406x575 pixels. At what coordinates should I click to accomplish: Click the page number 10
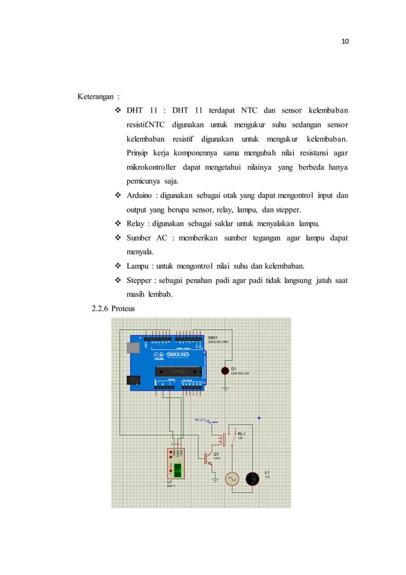pos(346,42)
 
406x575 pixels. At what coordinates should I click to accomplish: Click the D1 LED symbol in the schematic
pos(225,371)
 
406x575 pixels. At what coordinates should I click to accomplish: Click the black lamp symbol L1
pos(252,479)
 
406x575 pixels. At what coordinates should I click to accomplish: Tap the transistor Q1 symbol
pos(208,457)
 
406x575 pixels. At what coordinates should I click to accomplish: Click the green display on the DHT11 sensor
pos(178,469)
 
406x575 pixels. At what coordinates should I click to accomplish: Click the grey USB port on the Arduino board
pos(133,348)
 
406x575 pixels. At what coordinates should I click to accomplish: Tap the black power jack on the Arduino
pos(134,380)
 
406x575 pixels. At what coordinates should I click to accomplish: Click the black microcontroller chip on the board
pos(179,370)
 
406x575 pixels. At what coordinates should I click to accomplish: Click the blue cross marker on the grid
pos(258,418)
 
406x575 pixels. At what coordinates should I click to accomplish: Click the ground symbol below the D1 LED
pos(225,386)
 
